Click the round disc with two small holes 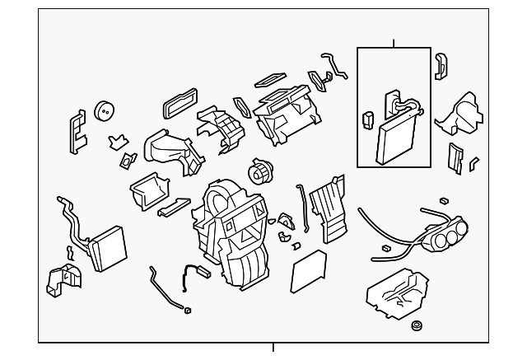point(105,110)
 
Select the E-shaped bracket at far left point(76,131)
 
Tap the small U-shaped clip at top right point(441,63)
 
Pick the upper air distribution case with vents point(283,111)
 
